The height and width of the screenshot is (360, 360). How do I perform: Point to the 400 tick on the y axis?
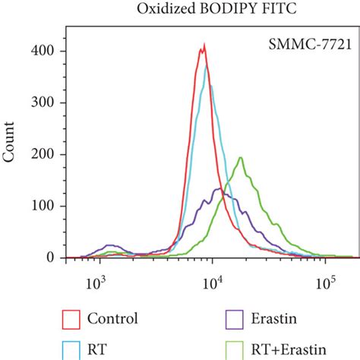click(x=48, y=51)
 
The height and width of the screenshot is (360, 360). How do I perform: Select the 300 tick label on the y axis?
click(x=48, y=103)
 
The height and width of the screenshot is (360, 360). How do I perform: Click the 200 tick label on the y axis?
click(x=48, y=154)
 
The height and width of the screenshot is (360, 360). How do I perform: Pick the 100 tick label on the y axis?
click(x=48, y=206)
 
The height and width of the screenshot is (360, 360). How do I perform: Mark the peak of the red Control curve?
click(x=203, y=47)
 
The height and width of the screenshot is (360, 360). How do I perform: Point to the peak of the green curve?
click(x=241, y=158)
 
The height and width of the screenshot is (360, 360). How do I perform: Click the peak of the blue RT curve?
click(x=207, y=66)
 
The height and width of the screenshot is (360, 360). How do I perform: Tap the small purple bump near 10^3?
click(x=97, y=246)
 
